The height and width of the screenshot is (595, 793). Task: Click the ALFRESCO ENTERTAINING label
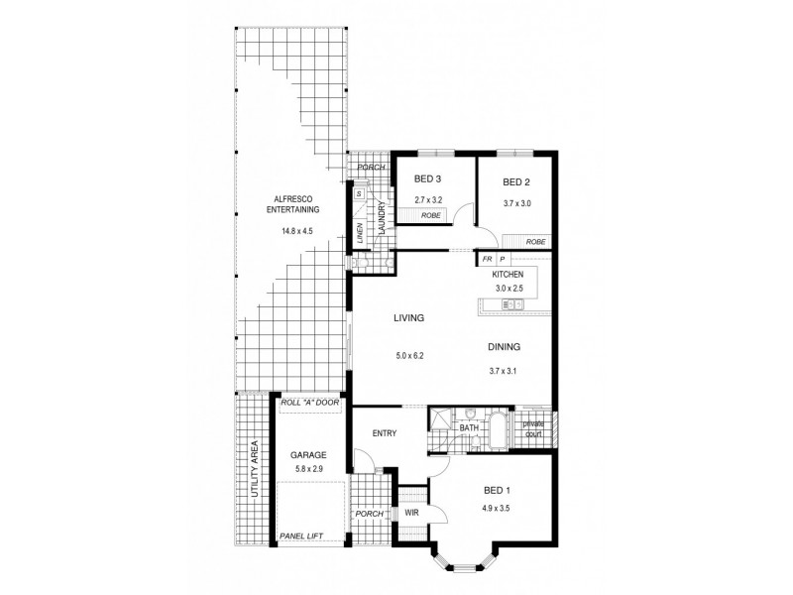tap(291, 204)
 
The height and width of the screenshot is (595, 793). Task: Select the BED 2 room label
tap(517, 182)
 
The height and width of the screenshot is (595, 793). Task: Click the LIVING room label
tap(408, 319)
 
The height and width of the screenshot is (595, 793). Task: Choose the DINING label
tap(504, 347)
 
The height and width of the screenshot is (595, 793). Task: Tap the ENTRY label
tap(385, 433)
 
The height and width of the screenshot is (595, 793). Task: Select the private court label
tap(533, 427)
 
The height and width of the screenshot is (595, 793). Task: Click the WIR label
tap(411, 513)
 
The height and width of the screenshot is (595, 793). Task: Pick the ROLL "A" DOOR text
tap(310, 403)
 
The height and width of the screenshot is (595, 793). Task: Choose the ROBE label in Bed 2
tap(535, 241)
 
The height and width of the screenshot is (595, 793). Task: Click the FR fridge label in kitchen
tap(488, 259)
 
